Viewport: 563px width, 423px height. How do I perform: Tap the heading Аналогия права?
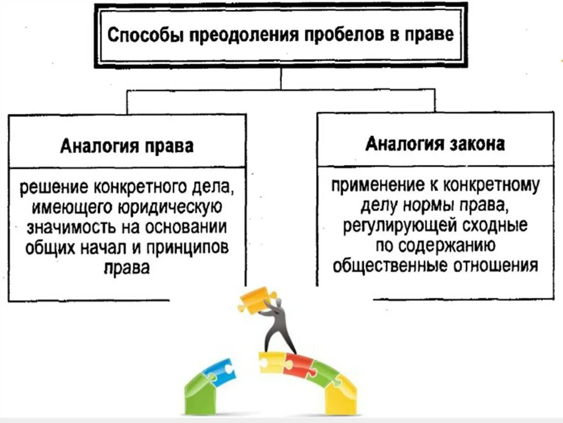coord(127,146)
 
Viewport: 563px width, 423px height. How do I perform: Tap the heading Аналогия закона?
coord(435,145)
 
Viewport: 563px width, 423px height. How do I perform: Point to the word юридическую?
coord(171,208)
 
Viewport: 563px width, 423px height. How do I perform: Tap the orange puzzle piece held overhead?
coord(253,300)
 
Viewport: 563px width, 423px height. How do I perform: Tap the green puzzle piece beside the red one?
coord(325,374)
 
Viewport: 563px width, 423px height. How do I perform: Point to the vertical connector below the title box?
coord(281,78)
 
